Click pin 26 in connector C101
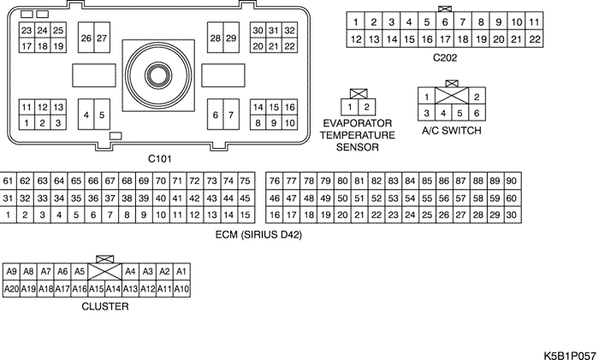click(86, 38)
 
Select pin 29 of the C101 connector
click(231, 38)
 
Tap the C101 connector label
click(160, 158)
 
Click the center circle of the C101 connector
click(158, 75)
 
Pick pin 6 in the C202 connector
click(445, 21)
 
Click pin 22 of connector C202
click(534, 39)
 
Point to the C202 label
click(445, 57)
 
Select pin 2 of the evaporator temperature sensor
click(367, 107)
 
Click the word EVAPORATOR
click(358, 123)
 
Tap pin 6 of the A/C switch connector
click(477, 113)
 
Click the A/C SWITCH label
click(452, 131)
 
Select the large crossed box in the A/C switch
click(452, 96)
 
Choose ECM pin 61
click(8, 180)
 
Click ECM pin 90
click(512, 180)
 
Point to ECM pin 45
click(246, 198)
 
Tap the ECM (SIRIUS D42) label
click(258, 234)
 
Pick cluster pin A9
click(11, 271)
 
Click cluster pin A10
click(181, 289)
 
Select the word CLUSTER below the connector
click(105, 306)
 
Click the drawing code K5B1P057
click(569, 355)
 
